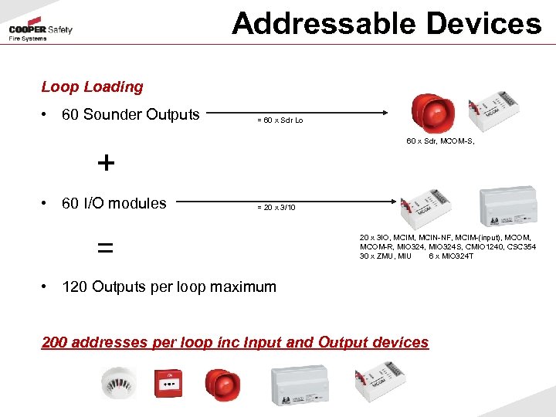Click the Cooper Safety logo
point(40,32)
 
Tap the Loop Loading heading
point(92,87)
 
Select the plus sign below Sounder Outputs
point(106,163)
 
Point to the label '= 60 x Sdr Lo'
point(285,121)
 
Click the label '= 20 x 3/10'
point(276,208)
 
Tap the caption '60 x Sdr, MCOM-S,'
point(439,141)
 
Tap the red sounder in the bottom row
point(222,384)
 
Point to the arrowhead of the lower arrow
point(397,202)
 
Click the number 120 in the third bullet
point(75,286)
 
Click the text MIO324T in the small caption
point(458,256)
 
